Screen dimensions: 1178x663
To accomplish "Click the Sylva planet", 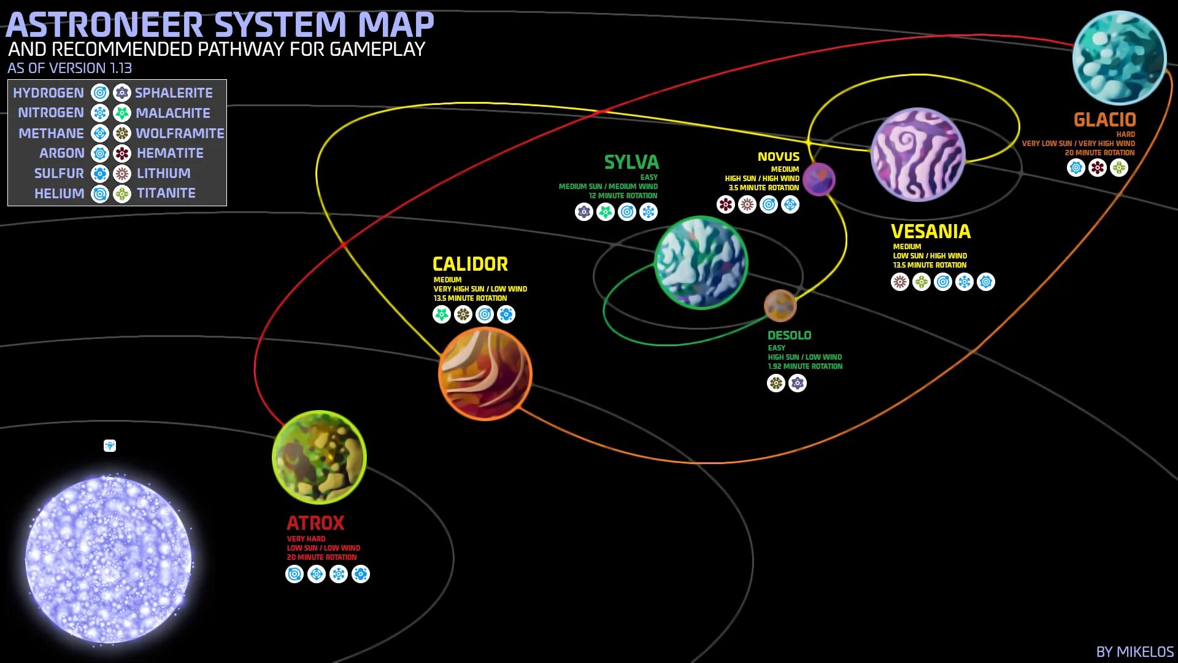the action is pyautogui.click(x=701, y=262).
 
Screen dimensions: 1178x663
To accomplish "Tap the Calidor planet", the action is pyautogui.click(x=485, y=374).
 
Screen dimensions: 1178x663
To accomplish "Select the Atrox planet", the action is pyautogui.click(x=319, y=457).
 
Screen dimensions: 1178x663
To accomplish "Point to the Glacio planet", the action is pyautogui.click(x=1119, y=58).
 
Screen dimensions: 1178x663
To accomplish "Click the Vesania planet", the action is pyautogui.click(x=918, y=155).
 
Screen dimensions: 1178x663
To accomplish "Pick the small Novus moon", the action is pyautogui.click(x=819, y=179).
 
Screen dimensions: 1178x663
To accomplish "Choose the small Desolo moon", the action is pyautogui.click(x=780, y=305).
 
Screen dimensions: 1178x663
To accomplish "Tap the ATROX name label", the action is pyautogui.click(x=315, y=523).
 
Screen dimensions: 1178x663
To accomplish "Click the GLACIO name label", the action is pyautogui.click(x=1104, y=120).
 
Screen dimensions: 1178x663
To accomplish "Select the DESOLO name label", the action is pyautogui.click(x=789, y=335).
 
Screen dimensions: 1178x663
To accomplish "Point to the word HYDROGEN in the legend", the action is pyautogui.click(x=48, y=93).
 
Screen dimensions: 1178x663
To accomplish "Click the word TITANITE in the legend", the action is pyautogui.click(x=166, y=193).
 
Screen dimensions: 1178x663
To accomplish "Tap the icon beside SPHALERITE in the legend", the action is pyautogui.click(x=122, y=93).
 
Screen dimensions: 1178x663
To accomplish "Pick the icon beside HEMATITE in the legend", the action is pyautogui.click(x=122, y=153).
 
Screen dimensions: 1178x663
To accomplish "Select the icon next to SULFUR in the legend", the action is pyautogui.click(x=100, y=174).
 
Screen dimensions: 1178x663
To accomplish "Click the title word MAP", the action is pyautogui.click(x=396, y=25).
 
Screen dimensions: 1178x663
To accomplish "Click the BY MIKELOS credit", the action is pyautogui.click(x=1134, y=652).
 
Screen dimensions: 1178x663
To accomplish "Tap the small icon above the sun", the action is pyautogui.click(x=110, y=446).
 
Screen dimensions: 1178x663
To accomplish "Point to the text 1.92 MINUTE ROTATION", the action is pyautogui.click(x=805, y=366).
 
